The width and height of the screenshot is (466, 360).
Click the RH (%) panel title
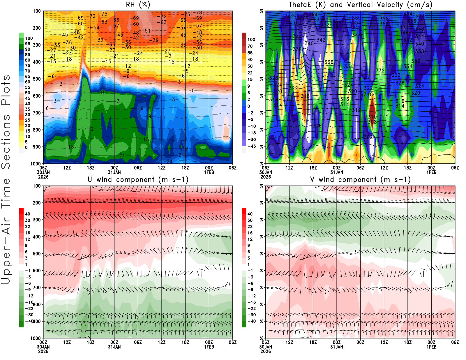tap(138, 5)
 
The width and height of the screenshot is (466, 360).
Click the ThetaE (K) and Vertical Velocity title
tap(360, 5)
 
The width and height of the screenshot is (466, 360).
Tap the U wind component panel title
tap(138, 179)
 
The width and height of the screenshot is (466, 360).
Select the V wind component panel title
tap(360, 179)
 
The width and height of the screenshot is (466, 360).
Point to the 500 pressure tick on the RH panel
tap(37, 79)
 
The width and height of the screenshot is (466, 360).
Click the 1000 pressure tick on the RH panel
tap(36, 164)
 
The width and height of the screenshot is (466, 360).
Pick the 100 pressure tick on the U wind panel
tap(37, 186)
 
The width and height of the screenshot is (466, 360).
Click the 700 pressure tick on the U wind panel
tap(37, 287)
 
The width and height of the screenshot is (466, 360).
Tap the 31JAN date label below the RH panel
tap(114, 172)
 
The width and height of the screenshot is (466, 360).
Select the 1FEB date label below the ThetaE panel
tap(431, 172)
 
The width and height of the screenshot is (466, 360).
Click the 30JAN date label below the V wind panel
tap(266, 347)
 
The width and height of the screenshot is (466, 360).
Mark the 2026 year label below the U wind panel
tap(43, 351)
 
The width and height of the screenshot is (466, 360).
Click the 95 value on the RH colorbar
tap(28, 44)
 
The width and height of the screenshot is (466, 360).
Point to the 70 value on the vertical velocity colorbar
tap(250, 46)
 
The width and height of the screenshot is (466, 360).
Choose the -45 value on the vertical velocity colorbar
tap(251, 146)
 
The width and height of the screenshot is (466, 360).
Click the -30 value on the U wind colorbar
tap(29, 315)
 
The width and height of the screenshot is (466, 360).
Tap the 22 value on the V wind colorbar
tap(250, 227)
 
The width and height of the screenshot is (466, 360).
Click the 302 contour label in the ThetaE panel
tap(368, 137)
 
